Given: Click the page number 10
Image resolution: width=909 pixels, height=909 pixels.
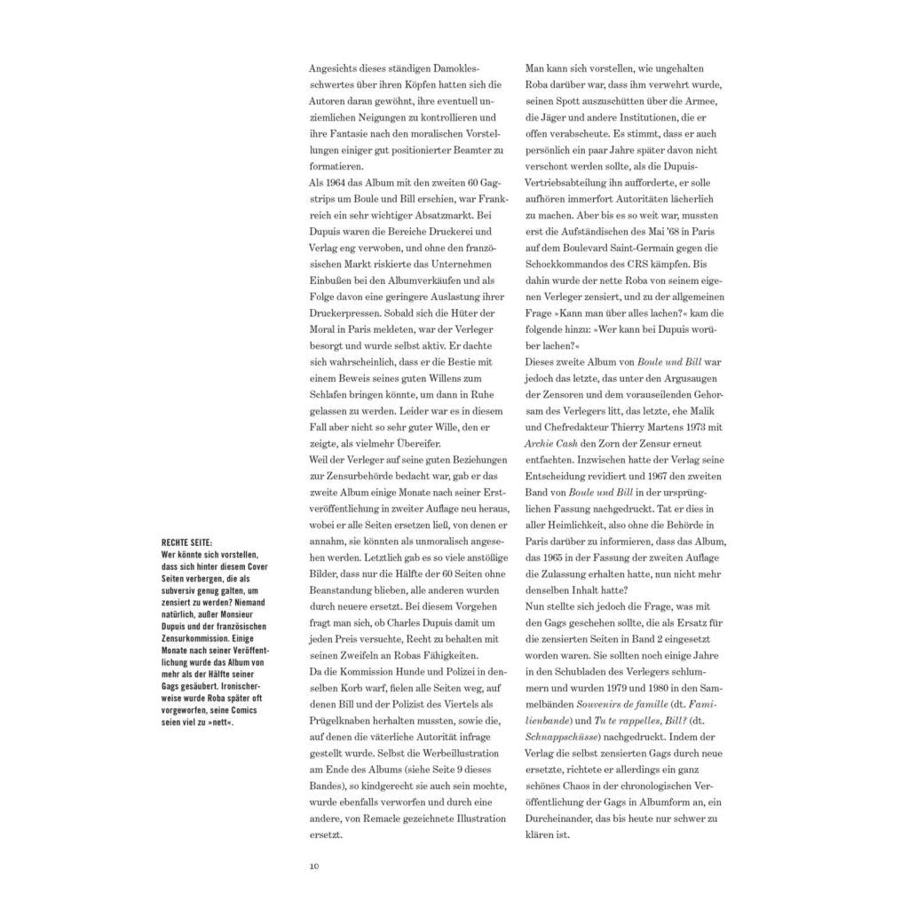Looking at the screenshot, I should click(x=313, y=866).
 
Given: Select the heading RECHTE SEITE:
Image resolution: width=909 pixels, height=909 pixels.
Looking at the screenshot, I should click(x=187, y=542).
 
